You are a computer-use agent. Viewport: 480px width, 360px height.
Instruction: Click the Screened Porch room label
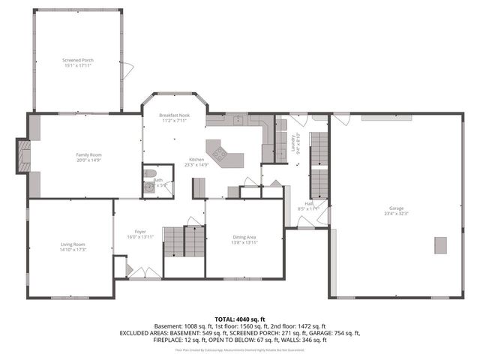point(78,59)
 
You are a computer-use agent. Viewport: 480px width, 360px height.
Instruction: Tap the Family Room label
point(88,154)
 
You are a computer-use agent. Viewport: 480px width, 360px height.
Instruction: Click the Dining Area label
point(244,237)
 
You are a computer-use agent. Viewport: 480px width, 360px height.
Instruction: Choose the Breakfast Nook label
point(174,115)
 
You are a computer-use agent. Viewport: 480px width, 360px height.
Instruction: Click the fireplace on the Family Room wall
point(24,156)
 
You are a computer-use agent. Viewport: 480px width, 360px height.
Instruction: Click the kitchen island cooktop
point(220,154)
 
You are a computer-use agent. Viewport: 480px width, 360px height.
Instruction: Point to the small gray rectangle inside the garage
point(440,245)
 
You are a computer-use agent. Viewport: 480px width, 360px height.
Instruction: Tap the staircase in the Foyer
point(184,242)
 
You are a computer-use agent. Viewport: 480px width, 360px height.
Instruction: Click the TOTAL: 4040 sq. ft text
point(239,319)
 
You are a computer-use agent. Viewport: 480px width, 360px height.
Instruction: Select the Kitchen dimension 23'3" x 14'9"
point(196,165)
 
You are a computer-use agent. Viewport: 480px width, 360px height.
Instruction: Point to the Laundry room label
point(294,142)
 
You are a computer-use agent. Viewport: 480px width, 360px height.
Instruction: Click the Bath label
point(158,180)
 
